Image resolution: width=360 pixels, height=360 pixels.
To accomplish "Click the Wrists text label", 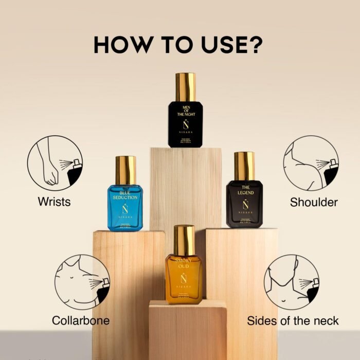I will point(54,202).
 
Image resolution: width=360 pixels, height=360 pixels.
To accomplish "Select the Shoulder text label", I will point(314,202).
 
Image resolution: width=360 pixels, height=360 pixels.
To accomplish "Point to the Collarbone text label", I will point(81,320).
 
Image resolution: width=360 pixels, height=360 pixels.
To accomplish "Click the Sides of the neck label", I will point(293,321).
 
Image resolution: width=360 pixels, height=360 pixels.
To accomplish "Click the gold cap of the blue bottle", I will point(125,170).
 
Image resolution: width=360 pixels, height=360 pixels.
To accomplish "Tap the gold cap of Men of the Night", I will point(185,87).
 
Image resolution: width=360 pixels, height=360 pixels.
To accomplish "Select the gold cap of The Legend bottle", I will point(244,166).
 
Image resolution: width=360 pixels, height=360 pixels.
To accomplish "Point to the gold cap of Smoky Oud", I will point(184,240).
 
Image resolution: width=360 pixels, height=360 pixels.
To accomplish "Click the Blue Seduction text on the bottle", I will point(125,194).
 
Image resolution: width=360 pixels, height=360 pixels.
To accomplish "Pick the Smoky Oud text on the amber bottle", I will point(184,263).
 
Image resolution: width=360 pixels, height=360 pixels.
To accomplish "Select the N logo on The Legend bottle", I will point(244,204).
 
